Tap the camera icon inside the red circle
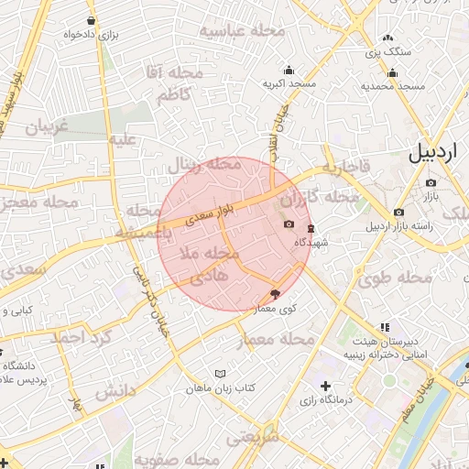click(289, 224)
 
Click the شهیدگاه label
click(311, 244)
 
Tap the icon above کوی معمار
click(276, 294)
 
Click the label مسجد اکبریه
click(289, 84)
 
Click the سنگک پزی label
click(388, 52)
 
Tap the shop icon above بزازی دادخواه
click(91, 20)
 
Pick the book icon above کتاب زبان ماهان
click(218, 374)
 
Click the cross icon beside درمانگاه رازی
click(325, 386)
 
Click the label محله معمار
click(276, 341)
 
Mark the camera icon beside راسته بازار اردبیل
click(398, 213)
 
